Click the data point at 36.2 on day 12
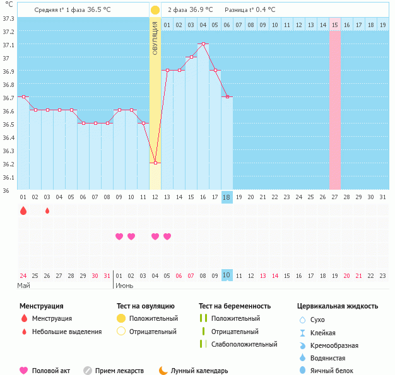click(155, 163)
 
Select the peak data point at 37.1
click(203, 44)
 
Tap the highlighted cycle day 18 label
click(227, 197)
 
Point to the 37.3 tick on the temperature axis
click(8, 18)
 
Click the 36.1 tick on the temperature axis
click(8, 177)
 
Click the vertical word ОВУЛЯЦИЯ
click(155, 38)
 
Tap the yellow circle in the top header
click(155, 10)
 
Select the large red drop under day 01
click(23, 211)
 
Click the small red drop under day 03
click(47, 211)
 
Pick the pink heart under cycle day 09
click(119, 236)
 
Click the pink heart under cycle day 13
click(167, 236)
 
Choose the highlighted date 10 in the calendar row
click(227, 275)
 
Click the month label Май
click(23, 286)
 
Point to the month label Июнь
click(124, 286)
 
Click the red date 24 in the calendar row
click(23, 275)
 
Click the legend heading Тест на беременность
click(234, 306)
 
